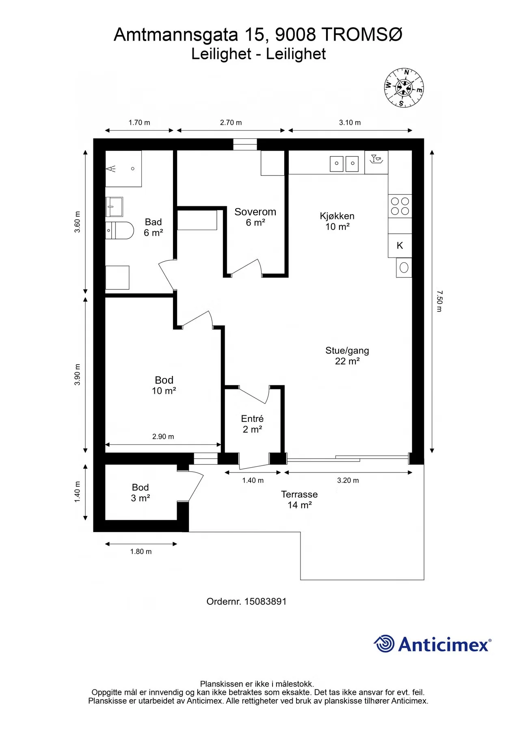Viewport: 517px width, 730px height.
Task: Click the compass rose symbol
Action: coord(404,88)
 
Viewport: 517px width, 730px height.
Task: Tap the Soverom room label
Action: coord(255,217)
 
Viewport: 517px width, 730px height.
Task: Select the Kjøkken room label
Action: coord(337,221)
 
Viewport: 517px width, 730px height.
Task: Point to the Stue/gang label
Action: coord(347,356)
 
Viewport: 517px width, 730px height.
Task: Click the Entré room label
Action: coord(252,424)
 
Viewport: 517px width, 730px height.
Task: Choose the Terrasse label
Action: coord(299,499)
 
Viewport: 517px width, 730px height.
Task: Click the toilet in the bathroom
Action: coord(120,230)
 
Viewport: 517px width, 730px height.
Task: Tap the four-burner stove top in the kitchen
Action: coord(400,206)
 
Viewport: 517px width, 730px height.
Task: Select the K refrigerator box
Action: coord(400,245)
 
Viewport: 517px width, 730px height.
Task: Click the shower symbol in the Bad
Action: coord(123,169)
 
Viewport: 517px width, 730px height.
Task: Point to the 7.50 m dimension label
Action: coord(439,301)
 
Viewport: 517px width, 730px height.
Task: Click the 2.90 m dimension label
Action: coord(163,436)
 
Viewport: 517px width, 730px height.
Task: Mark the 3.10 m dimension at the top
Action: coord(350,122)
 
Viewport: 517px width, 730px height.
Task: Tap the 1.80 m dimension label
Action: coord(141,552)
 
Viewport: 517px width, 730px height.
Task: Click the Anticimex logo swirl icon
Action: coord(384,644)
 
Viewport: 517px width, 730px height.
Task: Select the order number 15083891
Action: coord(265,601)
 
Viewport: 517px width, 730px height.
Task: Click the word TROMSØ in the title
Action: coord(362,35)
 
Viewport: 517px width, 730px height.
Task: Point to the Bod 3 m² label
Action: coord(140,493)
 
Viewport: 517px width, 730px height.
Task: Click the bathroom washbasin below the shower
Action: coord(115,206)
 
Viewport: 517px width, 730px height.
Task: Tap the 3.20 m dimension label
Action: coord(348,480)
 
